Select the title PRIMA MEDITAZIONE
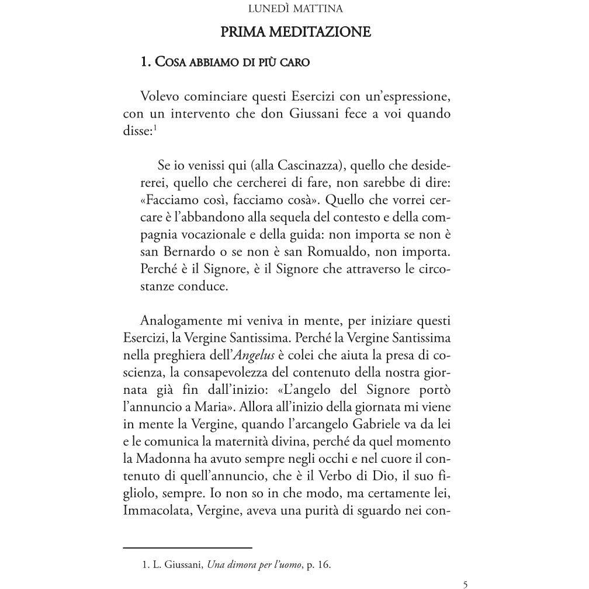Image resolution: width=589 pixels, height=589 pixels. click(x=295, y=32)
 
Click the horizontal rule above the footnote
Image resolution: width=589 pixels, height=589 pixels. click(x=188, y=548)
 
